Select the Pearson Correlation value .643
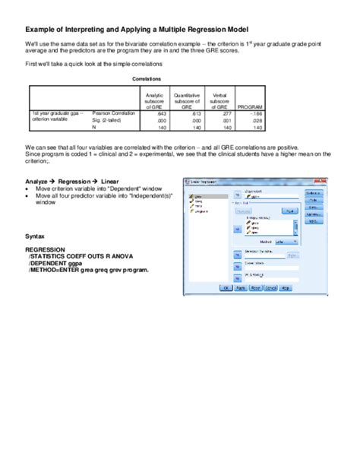(x=160, y=113)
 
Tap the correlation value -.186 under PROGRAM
(x=257, y=113)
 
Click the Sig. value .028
(x=258, y=120)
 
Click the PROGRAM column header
(x=250, y=106)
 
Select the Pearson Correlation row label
(x=113, y=113)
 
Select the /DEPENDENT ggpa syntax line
(x=52, y=262)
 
